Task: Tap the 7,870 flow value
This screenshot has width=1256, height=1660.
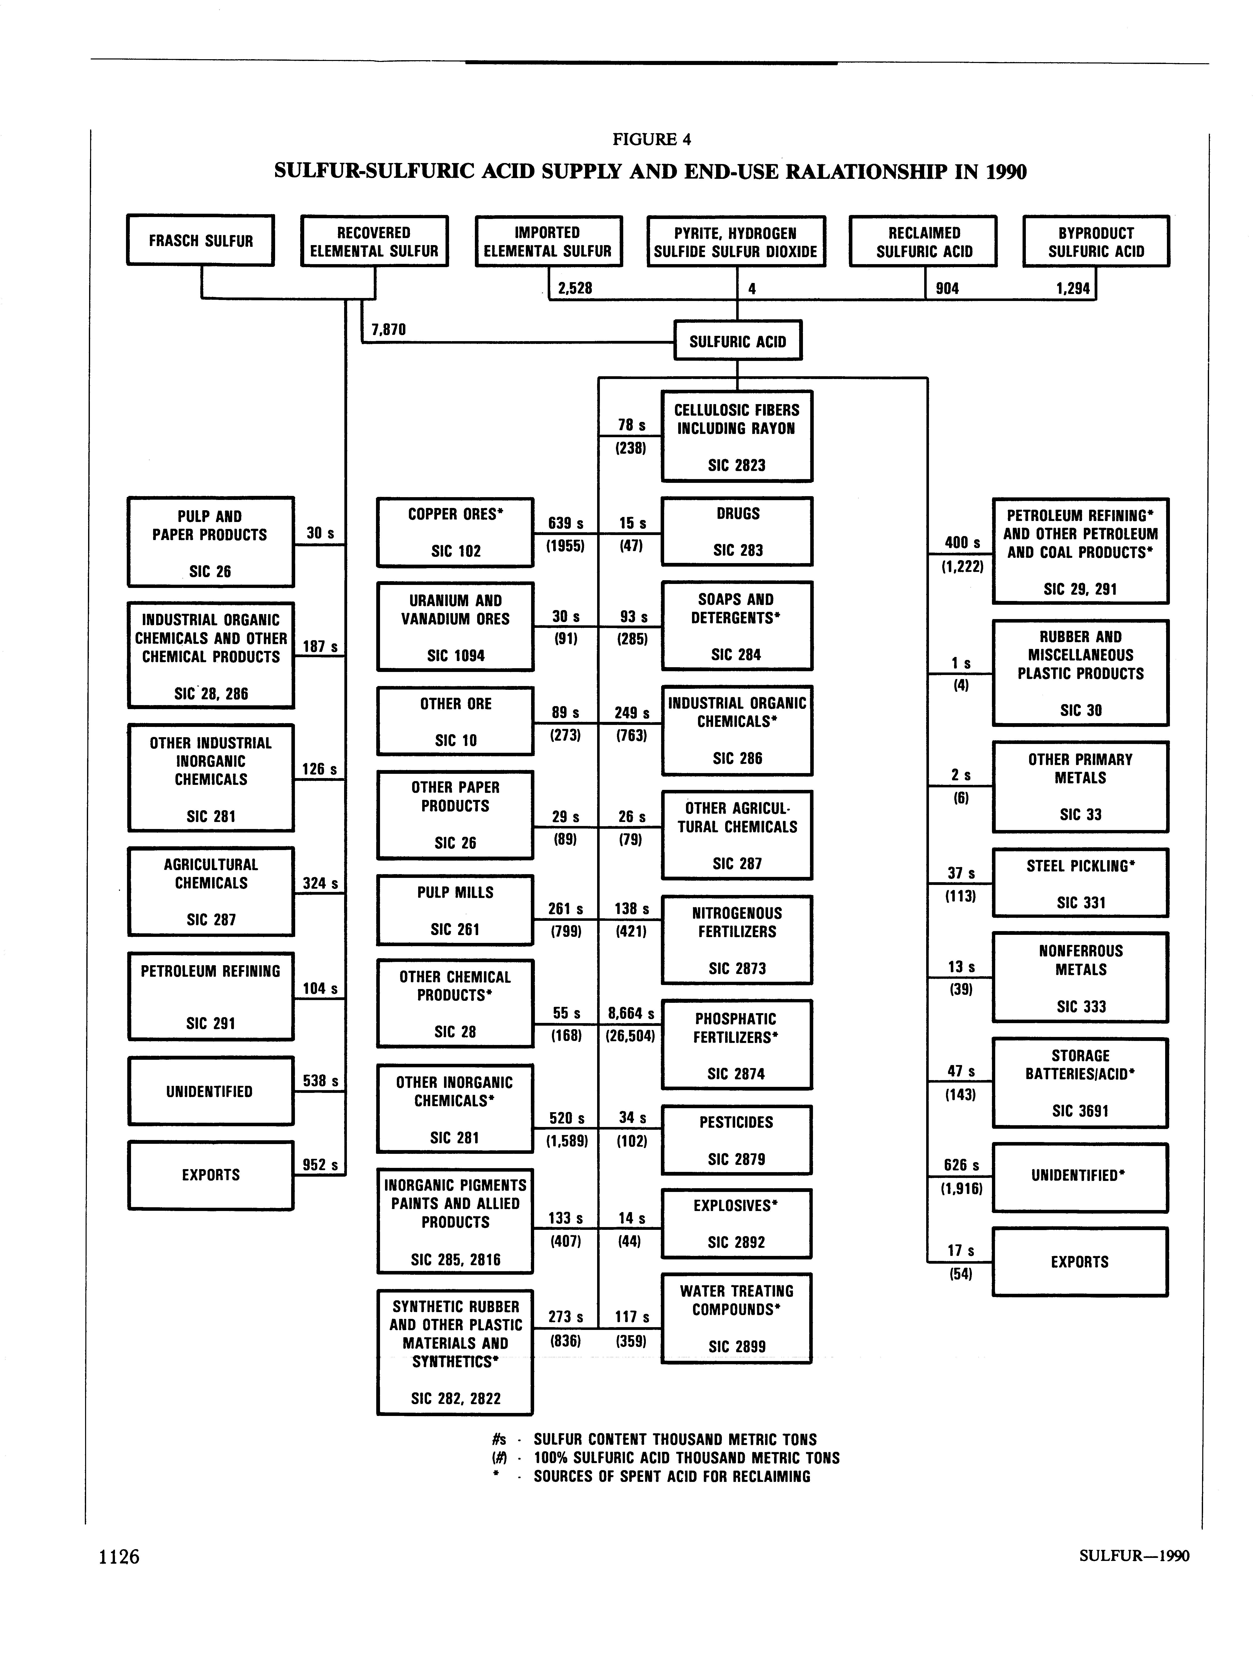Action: pyautogui.click(x=388, y=329)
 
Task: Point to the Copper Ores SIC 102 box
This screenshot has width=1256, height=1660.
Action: pyautogui.click(x=455, y=532)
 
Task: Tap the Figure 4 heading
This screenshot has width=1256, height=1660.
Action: pyautogui.click(x=651, y=139)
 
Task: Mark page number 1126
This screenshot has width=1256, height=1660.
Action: pyautogui.click(x=119, y=1556)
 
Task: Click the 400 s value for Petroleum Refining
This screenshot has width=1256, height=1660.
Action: pyautogui.click(x=962, y=542)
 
